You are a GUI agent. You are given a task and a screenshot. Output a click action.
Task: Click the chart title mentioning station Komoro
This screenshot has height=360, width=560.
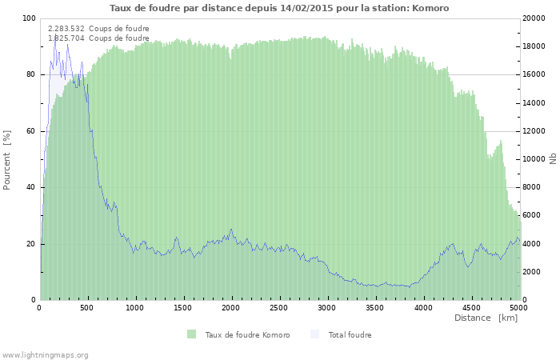[x=279, y=8]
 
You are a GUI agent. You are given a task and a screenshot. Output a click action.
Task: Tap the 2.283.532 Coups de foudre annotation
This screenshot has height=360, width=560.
[x=98, y=29]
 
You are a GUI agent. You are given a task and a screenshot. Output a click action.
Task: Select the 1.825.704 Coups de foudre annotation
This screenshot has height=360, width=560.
[x=98, y=38]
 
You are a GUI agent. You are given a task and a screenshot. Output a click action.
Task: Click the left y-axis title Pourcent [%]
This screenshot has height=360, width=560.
[x=7, y=159]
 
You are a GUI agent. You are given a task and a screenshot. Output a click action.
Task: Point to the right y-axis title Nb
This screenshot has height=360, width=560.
[x=552, y=159]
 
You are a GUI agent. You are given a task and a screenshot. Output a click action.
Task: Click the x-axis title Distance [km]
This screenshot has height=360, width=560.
[x=486, y=318]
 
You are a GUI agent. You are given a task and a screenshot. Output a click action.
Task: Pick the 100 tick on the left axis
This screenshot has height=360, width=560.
[x=30, y=18]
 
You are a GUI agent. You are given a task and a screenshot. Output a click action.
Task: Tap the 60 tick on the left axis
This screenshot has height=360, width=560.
[x=31, y=131]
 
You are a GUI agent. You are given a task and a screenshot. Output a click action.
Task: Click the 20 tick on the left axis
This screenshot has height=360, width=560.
[x=31, y=244]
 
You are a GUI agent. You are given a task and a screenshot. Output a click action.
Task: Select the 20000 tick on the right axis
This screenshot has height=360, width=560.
[x=535, y=18]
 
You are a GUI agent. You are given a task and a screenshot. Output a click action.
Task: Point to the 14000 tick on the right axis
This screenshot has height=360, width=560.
[x=535, y=103]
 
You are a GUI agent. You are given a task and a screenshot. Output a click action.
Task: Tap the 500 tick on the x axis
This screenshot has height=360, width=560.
[x=88, y=307]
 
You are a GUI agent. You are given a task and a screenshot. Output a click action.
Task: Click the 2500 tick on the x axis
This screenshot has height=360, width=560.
[x=279, y=307]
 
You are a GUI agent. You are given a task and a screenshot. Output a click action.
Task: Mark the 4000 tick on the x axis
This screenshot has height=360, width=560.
[x=423, y=307]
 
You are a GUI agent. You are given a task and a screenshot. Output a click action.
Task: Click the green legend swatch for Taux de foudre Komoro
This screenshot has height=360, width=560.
[x=192, y=334]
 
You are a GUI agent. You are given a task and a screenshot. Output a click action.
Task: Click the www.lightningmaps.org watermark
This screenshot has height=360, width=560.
[x=45, y=354]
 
